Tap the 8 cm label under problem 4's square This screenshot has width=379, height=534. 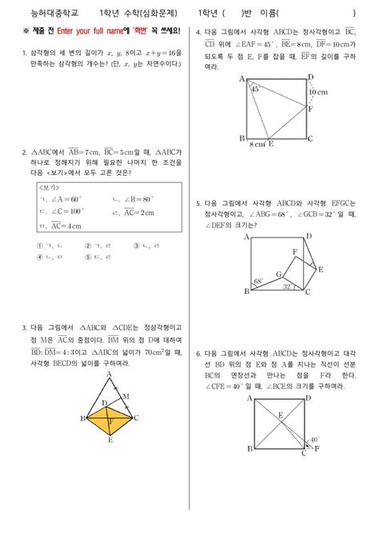[x=257, y=145]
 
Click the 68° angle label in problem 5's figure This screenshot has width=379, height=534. [x=258, y=281]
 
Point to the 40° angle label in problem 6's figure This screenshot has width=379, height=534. [x=314, y=439]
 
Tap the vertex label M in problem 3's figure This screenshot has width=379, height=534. [x=125, y=396]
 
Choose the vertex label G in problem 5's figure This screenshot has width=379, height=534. [x=279, y=273]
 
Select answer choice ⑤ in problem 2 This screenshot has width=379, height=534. [x=88, y=257]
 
